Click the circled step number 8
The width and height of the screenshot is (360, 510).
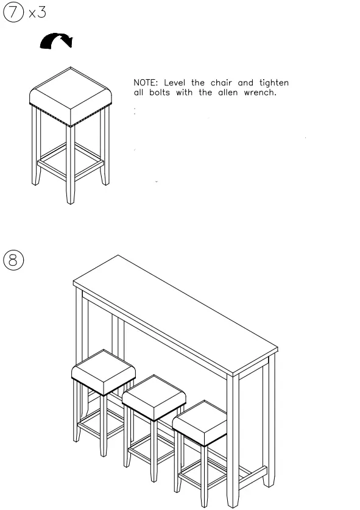point(13,260)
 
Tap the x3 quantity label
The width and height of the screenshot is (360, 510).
point(37,12)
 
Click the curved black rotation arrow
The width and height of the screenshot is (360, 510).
point(56,41)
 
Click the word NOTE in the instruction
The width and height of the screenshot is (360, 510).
point(145,83)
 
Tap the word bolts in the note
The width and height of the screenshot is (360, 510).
point(160,93)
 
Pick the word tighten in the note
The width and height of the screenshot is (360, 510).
point(274,83)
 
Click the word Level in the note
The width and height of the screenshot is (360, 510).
point(177,83)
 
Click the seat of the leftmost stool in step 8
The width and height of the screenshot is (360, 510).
point(103,369)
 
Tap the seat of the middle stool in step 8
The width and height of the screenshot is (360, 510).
point(154,396)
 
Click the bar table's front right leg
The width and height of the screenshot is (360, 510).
point(233,439)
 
